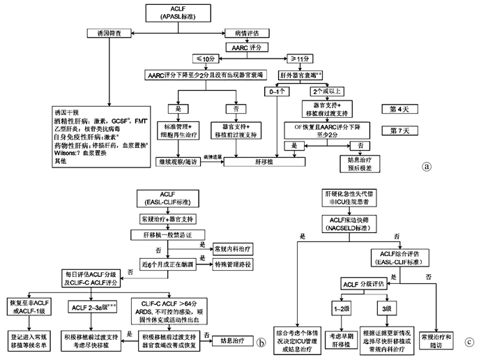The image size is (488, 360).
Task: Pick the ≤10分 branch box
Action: pos(208,59)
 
